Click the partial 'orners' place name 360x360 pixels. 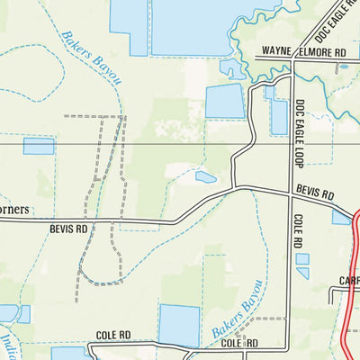[x=13, y=210]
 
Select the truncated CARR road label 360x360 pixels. [x=349, y=281]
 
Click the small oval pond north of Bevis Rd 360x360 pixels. [x=206, y=177]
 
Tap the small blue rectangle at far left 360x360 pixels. [x=39, y=146]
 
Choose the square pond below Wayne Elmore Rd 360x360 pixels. [x=224, y=102]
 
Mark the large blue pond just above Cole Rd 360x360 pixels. [x=179, y=324]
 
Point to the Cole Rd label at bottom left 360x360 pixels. [x=112, y=335]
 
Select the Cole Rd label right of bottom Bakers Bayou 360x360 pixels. [x=240, y=343]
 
